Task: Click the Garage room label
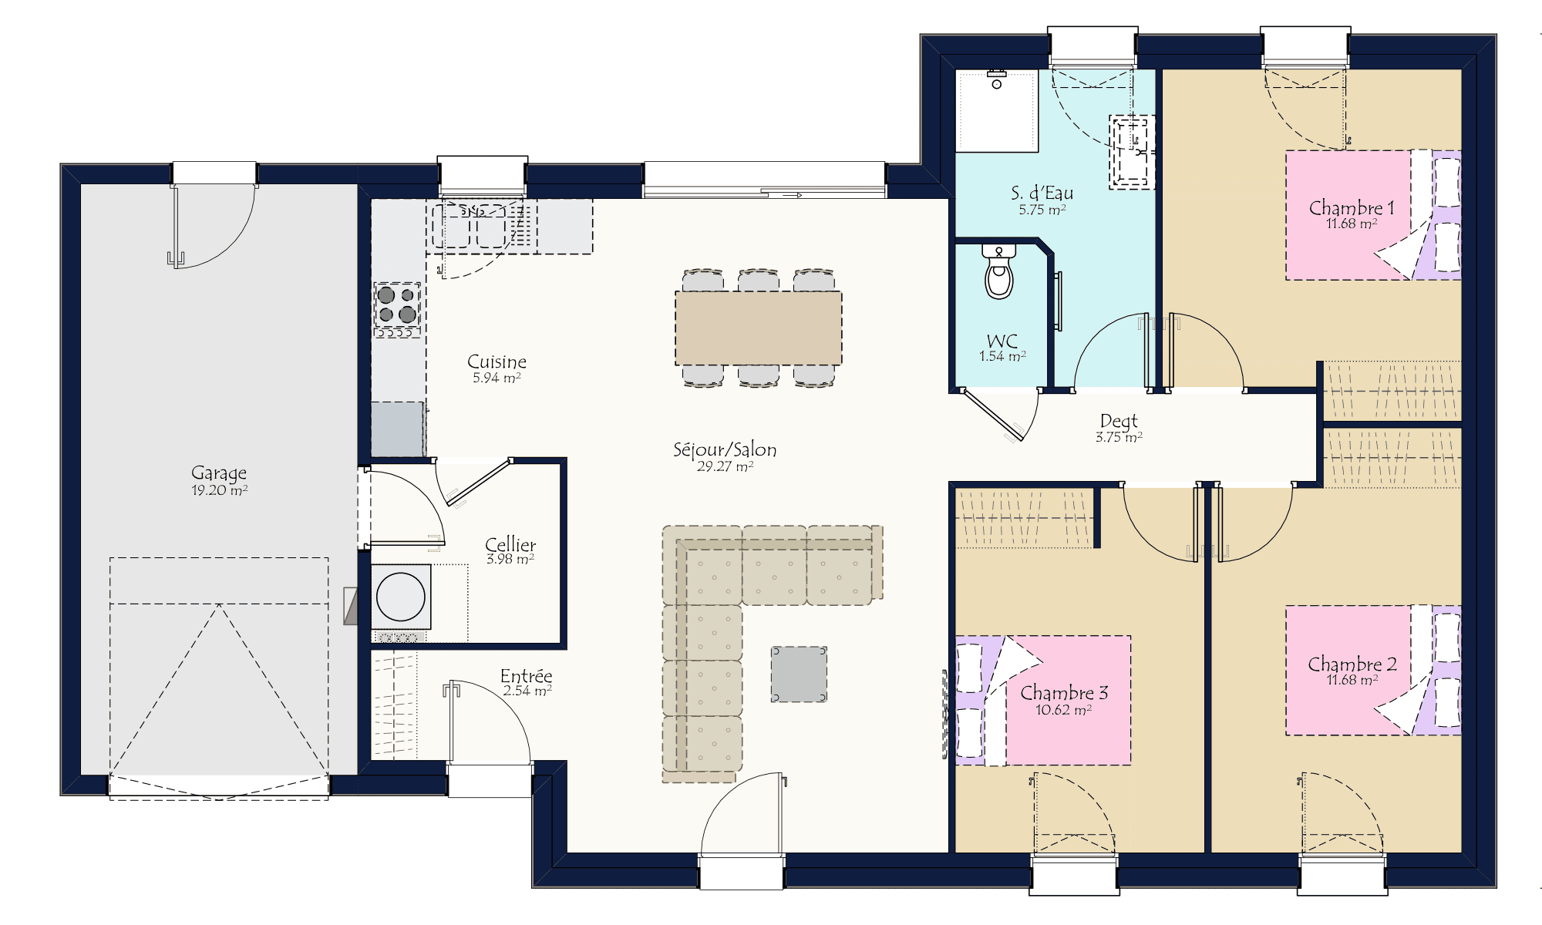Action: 219,473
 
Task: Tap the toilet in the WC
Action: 999,272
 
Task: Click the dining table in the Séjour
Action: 759,328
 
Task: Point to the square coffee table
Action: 799,674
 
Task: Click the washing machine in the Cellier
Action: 401,597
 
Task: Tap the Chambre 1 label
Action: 1352,207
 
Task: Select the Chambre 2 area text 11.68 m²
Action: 1352,680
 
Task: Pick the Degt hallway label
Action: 1119,421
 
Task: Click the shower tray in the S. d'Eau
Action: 997,110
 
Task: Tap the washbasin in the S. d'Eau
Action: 1132,152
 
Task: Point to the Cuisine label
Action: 497,362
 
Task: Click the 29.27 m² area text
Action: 725,466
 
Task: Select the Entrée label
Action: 527,675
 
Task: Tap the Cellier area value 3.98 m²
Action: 510,559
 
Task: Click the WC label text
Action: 1002,341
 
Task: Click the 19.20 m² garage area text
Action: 220,490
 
